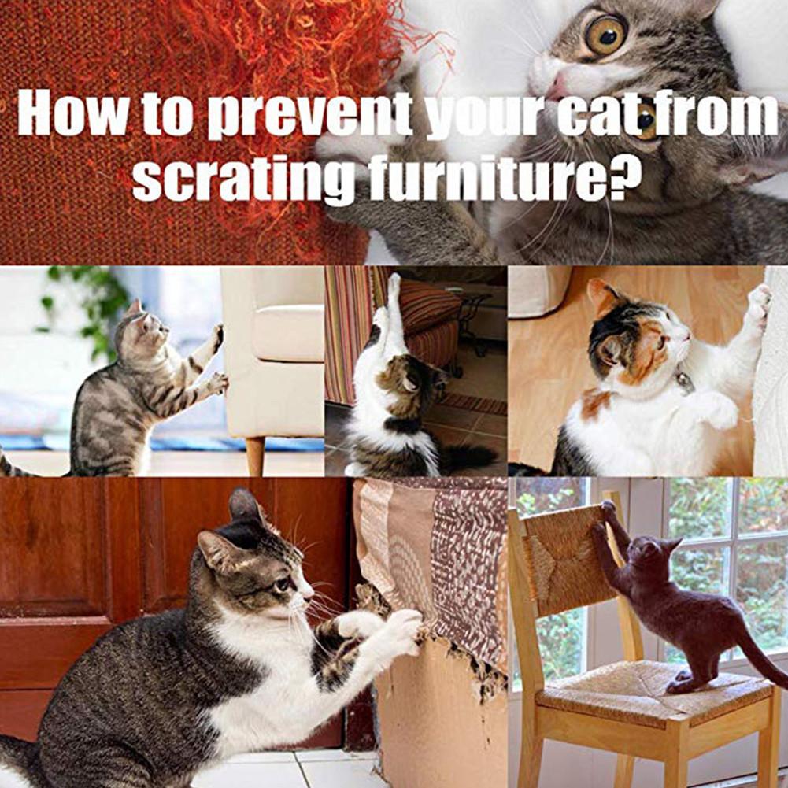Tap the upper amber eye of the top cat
pyautogui.click(x=604, y=34)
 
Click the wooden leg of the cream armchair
pyautogui.click(x=254, y=456)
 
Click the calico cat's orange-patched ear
pyautogui.click(x=605, y=297)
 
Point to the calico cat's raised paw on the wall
pyautogui.click(x=759, y=303)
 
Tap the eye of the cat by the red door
pyautogui.click(x=281, y=584)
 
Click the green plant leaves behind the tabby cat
pyautogui.click(x=87, y=299)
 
